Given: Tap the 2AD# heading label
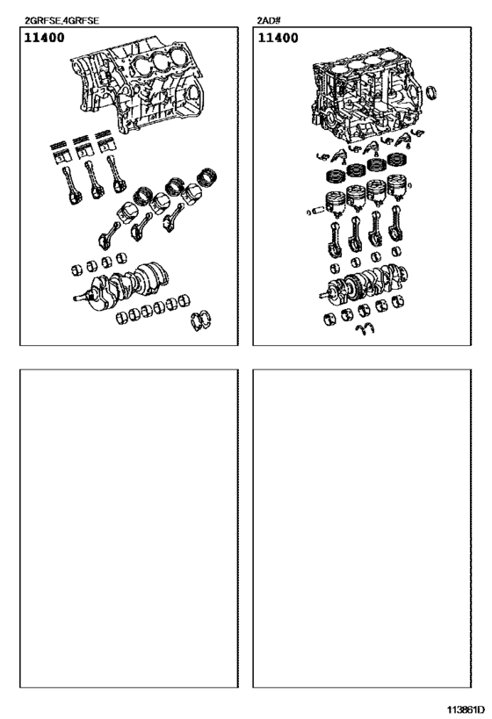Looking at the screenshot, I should tap(267, 19).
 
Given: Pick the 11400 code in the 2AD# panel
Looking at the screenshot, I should tap(277, 39).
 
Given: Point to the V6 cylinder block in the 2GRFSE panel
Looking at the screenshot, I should tap(141, 89).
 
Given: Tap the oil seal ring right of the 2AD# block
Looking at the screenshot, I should tap(433, 94).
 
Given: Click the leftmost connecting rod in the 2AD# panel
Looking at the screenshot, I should tap(335, 238).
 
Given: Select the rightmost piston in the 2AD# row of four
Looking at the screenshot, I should tap(399, 194).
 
